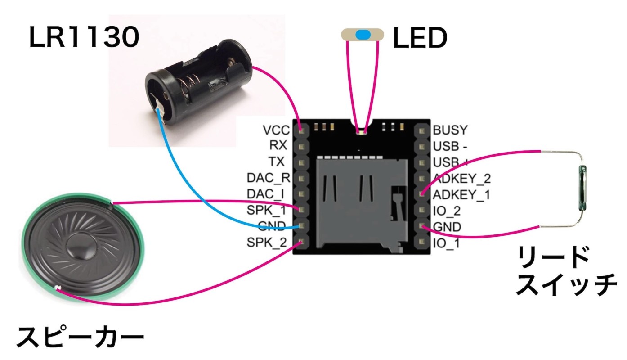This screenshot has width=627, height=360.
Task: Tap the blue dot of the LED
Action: coord(363,35)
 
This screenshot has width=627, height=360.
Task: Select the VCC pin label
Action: coord(277,130)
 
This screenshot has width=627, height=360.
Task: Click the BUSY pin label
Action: coord(450,130)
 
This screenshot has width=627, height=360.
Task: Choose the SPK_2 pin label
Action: coord(266,243)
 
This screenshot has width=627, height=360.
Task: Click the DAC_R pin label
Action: coord(268,178)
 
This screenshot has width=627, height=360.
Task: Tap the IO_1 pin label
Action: coord(446,243)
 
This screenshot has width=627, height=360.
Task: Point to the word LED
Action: coord(420,39)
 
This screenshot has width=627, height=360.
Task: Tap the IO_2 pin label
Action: coord(446,211)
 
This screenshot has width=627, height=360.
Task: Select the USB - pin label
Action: coord(450,147)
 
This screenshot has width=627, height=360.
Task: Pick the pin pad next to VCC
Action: coord(301,130)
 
